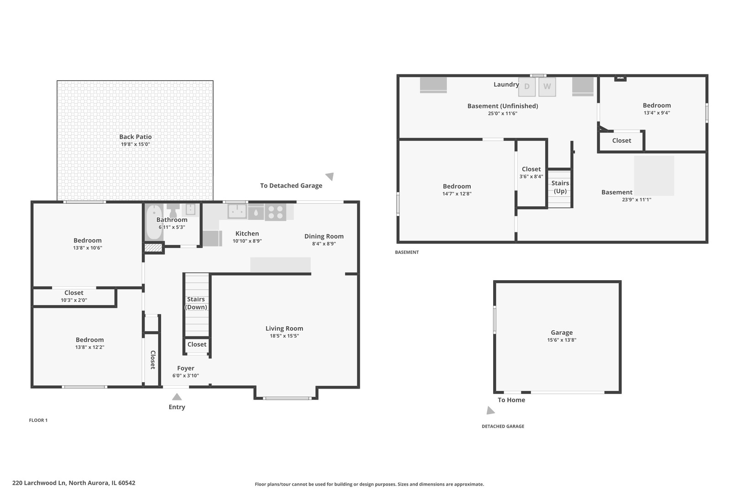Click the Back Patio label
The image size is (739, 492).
click(135, 137)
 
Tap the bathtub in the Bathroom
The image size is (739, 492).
click(154, 222)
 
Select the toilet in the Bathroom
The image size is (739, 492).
click(173, 210)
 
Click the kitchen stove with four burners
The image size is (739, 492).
click(276, 212)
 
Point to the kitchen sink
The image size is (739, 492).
click(237, 211)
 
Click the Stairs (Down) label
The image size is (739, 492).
click(196, 303)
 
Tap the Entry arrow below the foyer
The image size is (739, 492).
click(177, 397)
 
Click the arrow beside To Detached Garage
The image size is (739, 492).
click(330, 176)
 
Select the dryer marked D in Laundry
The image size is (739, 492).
click(527, 87)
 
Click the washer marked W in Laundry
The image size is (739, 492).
click(547, 87)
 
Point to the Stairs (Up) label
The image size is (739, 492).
click(560, 187)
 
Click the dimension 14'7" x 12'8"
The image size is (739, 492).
click(457, 194)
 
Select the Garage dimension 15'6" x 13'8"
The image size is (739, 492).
click(562, 340)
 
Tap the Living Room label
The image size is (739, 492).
click(284, 328)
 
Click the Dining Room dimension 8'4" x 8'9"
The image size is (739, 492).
click(324, 244)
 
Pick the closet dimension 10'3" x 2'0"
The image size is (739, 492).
click(74, 300)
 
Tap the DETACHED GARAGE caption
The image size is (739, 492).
click(503, 426)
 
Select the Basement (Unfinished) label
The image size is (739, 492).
click(502, 106)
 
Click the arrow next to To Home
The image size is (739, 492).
click(490, 410)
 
